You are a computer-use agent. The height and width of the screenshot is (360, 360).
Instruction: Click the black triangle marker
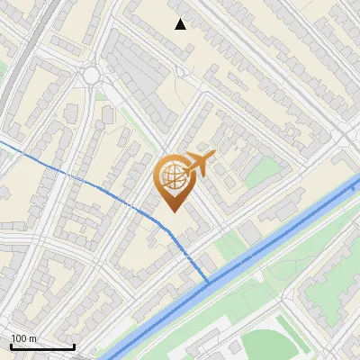(x=181, y=24)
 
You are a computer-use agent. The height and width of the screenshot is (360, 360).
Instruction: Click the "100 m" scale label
(x=23, y=338)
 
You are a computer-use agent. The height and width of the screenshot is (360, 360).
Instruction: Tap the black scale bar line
(x=41, y=346)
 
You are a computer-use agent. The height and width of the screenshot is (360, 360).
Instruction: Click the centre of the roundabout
(x=92, y=76)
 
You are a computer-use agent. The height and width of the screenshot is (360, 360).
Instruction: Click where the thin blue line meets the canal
(x=209, y=283)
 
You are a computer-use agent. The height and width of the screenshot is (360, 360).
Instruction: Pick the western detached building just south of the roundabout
(x=71, y=112)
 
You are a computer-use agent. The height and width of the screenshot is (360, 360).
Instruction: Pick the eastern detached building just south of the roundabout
(x=108, y=114)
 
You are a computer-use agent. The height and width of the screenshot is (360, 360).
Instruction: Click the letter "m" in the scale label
(x=32, y=338)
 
